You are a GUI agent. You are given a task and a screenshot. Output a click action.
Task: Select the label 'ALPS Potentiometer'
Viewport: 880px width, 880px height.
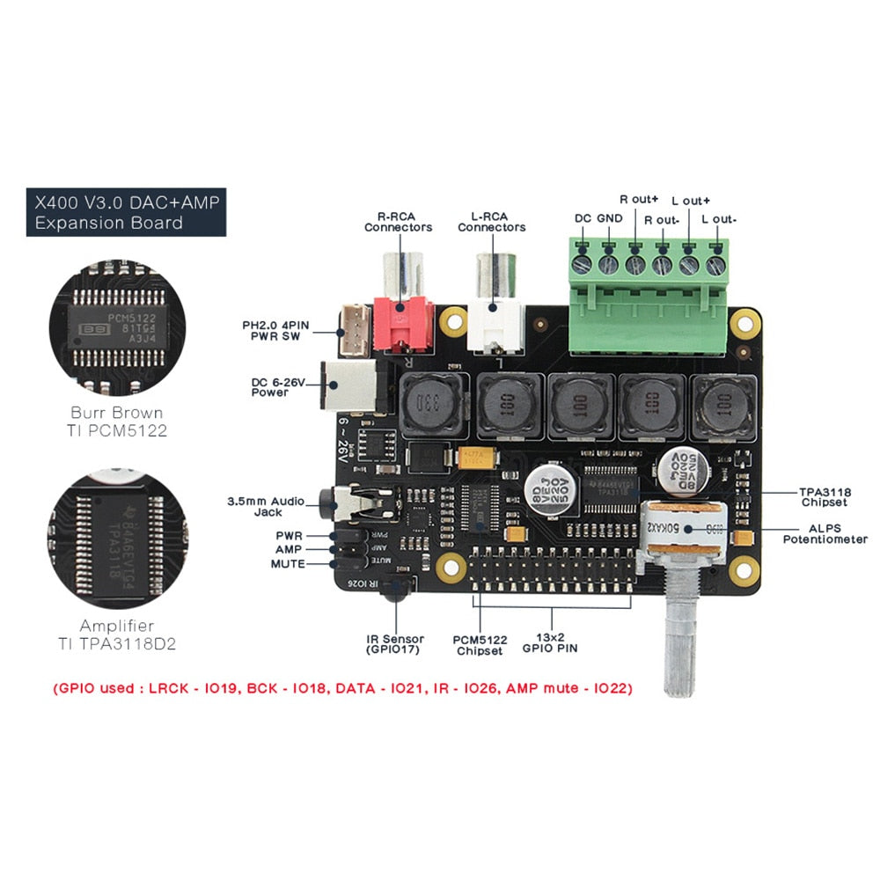pyautogui.click(x=825, y=533)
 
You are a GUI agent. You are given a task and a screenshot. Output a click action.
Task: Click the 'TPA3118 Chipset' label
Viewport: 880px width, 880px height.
pyautogui.click(x=825, y=497)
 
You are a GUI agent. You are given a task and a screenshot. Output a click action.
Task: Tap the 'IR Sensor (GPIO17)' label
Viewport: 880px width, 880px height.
pyautogui.click(x=395, y=644)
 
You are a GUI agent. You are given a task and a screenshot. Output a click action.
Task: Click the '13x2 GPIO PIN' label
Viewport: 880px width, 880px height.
pyautogui.click(x=551, y=643)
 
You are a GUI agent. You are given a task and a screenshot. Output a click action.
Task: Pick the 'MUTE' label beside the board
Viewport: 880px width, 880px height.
pyautogui.click(x=288, y=564)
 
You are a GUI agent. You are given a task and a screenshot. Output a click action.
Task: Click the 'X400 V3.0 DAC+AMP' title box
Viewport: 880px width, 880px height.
pyautogui.click(x=126, y=212)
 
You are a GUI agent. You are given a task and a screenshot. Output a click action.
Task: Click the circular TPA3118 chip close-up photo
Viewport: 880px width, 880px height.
pyautogui.click(x=117, y=538)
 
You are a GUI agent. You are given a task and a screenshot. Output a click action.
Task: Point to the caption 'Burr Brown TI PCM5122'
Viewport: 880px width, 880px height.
pyautogui.click(x=117, y=422)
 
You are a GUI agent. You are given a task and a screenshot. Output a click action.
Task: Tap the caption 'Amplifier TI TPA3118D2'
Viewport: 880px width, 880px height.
pyautogui.click(x=117, y=634)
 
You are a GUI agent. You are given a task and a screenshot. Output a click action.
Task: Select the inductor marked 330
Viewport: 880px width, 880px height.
pyautogui.click(x=430, y=406)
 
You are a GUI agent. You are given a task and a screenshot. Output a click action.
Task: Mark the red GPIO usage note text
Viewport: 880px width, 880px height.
pyautogui.click(x=342, y=688)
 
